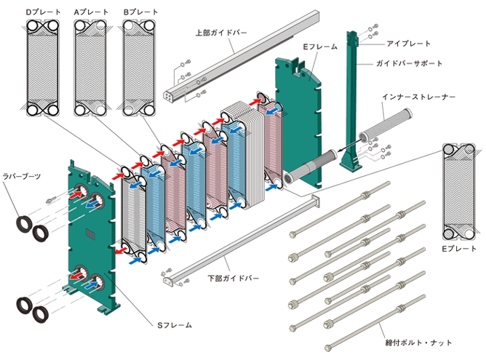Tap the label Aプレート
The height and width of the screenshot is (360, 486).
[92, 12]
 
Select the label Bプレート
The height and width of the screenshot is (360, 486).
[141, 12]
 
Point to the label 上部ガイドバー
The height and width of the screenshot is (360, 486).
[222, 33]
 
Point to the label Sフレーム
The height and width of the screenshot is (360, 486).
[175, 324]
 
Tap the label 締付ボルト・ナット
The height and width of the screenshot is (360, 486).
[415, 340]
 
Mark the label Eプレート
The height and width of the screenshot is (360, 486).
[459, 249]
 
